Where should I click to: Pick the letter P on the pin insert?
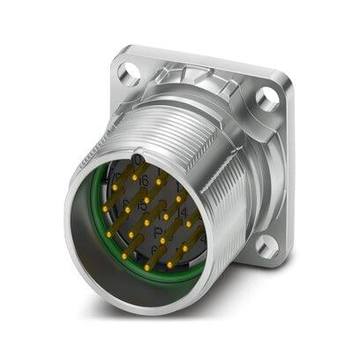tap(158, 232)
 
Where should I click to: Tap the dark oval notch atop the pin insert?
tap(137, 160)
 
